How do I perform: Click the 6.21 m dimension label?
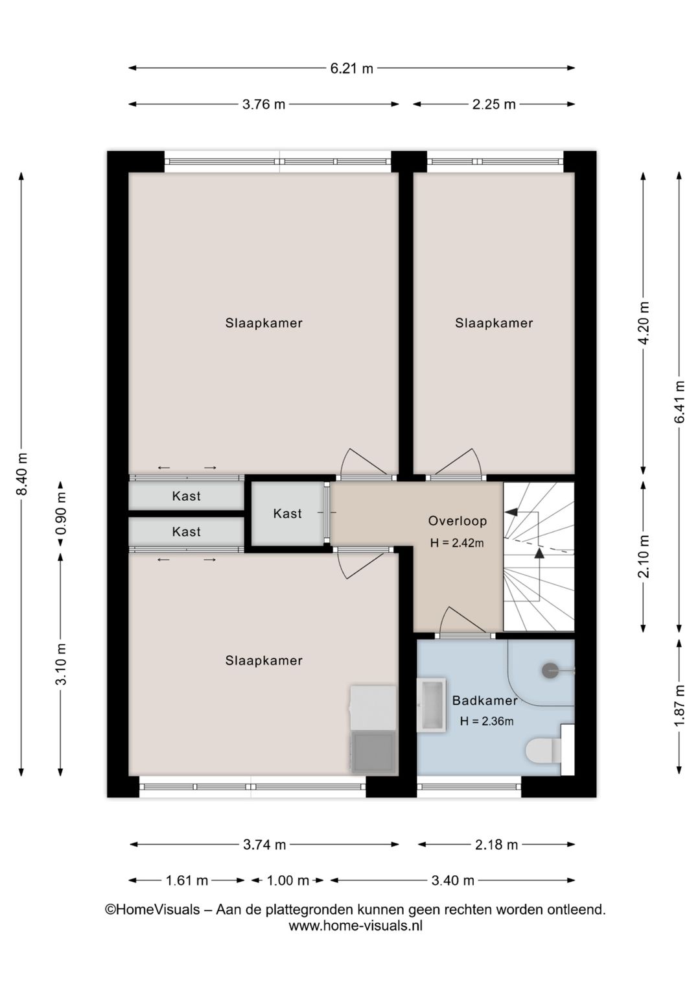coord(351,69)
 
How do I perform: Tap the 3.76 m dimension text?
coord(264,104)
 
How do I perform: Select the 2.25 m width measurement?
coord(494,104)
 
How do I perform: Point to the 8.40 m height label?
coord(23,474)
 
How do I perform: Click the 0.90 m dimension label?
coord(62,513)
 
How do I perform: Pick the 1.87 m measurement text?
coord(680,705)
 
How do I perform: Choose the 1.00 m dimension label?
coord(288,880)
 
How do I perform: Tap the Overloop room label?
coord(458,521)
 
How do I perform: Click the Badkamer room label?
coord(485,700)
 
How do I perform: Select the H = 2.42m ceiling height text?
coord(457,543)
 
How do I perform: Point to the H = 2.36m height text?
coord(487,721)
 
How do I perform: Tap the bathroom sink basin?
coord(432,705)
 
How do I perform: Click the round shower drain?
coord(550,670)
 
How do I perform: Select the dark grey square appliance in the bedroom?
coord(373,752)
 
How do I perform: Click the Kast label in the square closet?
coord(288,514)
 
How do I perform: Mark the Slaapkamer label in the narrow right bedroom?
coord(494,323)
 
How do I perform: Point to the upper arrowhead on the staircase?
coord(511,512)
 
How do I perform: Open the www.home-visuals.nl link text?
coord(356,926)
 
